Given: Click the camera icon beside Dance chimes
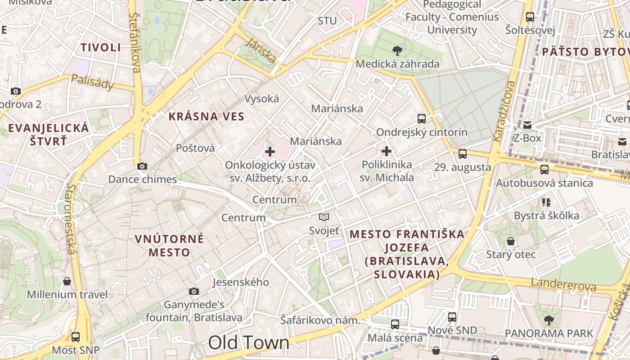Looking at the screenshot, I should tap(142, 166).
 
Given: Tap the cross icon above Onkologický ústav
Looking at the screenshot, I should tap(270, 152).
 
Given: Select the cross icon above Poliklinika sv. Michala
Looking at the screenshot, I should tap(387, 151).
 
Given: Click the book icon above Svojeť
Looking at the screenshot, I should tap(324, 217).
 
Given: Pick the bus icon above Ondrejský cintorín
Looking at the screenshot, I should tap(422, 119).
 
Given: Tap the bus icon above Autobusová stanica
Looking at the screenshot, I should tap(544, 170).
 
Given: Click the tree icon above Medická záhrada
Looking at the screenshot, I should tap(397, 50).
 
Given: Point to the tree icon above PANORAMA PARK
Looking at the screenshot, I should tap(549, 320).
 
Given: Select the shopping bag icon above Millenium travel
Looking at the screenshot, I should tap(67, 281).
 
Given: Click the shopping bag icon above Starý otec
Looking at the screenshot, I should tap(511, 241).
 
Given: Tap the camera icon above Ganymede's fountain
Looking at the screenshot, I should tap(194, 291).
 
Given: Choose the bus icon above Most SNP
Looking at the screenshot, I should tap(76, 337).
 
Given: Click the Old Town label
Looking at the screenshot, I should tap(248, 343).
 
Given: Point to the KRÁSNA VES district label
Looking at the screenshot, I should tap(207, 117).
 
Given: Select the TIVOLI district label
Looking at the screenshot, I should tap(101, 47).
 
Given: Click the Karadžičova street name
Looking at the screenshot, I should tap(504, 111).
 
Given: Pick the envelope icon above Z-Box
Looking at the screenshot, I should tap(527, 125).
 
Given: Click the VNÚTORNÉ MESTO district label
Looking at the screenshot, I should tap(170, 245).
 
